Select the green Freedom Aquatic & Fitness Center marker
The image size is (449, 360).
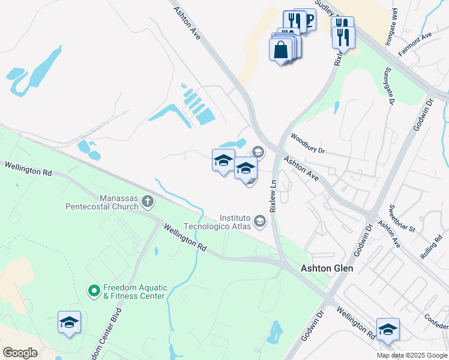tap(94, 291)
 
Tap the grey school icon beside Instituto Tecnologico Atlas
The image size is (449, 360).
tap(260, 221)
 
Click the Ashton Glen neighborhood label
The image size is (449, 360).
tap(327, 269)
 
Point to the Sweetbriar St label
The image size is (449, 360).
tap(402, 217)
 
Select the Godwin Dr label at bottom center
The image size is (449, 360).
tap(313, 325)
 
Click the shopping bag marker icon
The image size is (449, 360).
tap(281, 49)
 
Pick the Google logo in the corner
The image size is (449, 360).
tap(20, 353)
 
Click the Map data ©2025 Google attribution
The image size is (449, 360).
tap(412, 355)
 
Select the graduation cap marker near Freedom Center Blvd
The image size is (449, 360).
tap(69, 323)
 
